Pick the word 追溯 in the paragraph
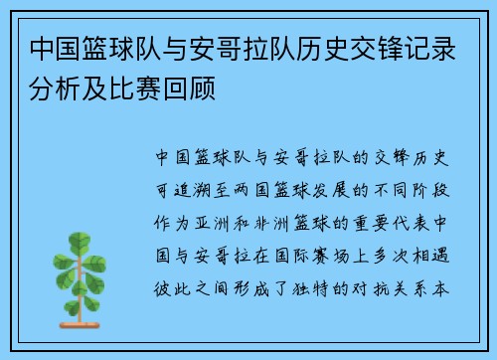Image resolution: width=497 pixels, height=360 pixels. tap(188, 186)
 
